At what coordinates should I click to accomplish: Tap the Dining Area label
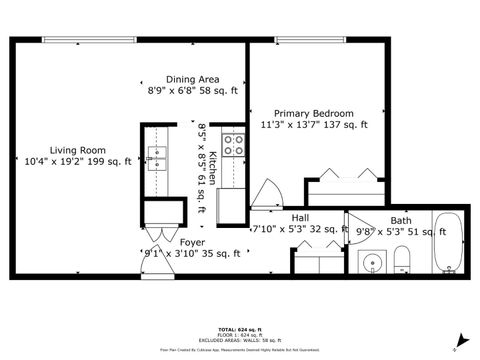[x=193, y=79]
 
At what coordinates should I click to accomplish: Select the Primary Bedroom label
[x=315, y=114]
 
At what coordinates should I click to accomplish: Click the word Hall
[x=300, y=218]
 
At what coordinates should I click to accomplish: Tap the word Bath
[x=400, y=221]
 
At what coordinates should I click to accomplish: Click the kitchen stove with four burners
[x=234, y=146]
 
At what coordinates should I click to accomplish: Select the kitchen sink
[x=157, y=154]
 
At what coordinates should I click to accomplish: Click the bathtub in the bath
[x=448, y=241]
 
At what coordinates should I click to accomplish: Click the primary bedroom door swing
[x=268, y=193]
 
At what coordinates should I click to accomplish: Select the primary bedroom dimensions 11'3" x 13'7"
[x=315, y=126]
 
